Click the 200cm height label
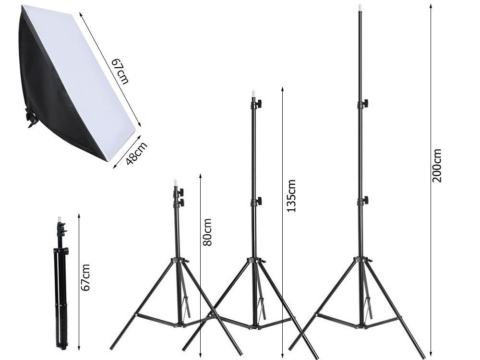click(437, 166)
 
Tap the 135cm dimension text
click(290, 196)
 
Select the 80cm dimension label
click(207, 232)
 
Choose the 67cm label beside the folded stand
click(85, 277)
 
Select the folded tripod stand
click(60, 283)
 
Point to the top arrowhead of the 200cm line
click(431, 6)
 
